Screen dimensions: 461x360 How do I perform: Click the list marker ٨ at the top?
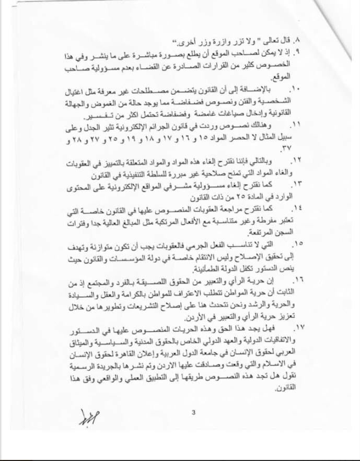(x=298, y=41)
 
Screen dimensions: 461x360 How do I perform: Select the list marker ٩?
(x=298, y=52)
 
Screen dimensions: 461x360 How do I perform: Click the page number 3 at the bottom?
(x=193, y=413)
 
